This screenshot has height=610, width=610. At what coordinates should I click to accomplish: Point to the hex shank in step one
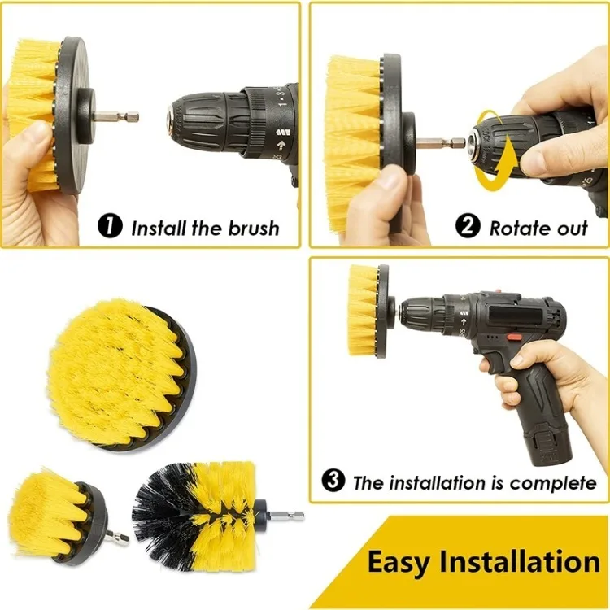(118, 116)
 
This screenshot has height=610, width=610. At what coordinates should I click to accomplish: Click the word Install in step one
(159, 228)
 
